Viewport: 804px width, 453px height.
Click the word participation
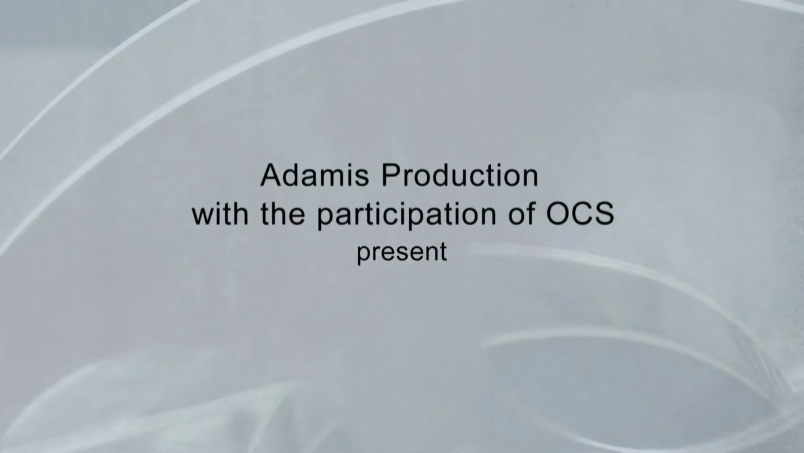click(x=407, y=216)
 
